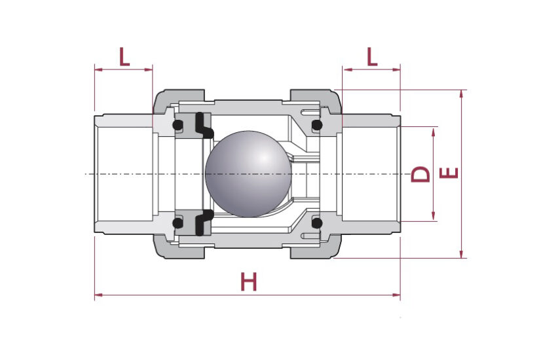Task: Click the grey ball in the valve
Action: tap(248, 174)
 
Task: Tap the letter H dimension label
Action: tap(249, 281)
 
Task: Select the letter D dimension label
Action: tap(420, 174)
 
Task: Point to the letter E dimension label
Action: tap(449, 173)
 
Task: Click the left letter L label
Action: tap(124, 57)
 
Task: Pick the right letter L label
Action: tap(372, 57)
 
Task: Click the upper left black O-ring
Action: tap(177, 125)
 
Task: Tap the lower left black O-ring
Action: tap(177, 223)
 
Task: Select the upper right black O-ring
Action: tap(317, 125)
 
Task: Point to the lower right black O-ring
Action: tap(317, 223)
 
